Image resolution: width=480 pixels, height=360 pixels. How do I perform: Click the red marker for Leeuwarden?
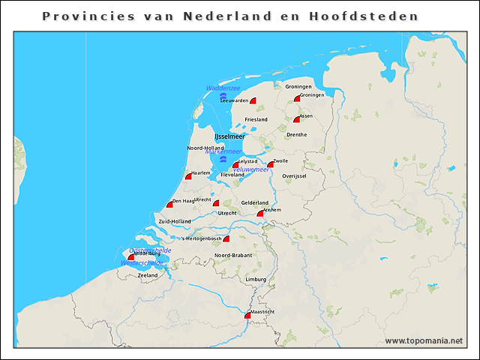253,100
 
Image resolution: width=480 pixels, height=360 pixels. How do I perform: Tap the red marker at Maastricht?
247,316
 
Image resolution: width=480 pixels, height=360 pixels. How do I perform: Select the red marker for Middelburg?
131,257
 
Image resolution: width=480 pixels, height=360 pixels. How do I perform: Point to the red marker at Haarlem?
189,176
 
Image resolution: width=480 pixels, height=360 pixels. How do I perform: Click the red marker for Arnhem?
260,214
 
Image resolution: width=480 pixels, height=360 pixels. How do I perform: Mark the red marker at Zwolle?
271,164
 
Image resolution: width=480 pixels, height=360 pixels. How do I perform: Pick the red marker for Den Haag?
170,205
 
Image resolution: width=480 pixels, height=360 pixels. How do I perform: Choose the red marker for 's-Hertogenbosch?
226,239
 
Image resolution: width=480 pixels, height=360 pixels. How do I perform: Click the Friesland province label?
256,119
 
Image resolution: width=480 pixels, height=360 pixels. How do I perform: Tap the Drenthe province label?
296,135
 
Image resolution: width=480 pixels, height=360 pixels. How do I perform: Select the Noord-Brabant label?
232,256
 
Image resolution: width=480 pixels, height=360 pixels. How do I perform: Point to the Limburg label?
256,280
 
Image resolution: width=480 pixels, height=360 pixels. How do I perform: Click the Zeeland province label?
148,275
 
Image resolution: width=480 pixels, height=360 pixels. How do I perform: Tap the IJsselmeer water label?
229,136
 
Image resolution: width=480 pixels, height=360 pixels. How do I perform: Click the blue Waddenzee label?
223,88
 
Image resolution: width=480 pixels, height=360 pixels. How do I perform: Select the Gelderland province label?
255,202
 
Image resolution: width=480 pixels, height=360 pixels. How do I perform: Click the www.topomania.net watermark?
424,340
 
